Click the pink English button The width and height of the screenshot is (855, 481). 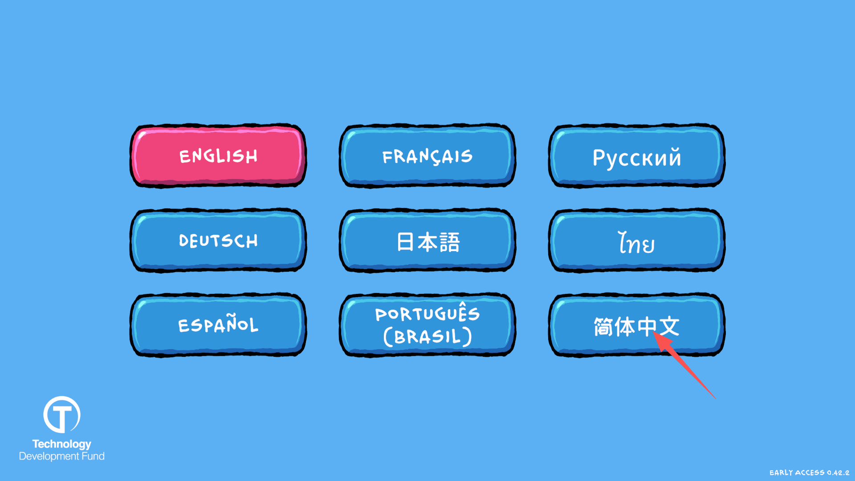click(218, 156)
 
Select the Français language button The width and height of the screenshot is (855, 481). click(427, 156)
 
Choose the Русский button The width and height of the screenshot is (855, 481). click(637, 156)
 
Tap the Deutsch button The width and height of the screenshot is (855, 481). click(218, 240)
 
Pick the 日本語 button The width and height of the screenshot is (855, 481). click(427, 240)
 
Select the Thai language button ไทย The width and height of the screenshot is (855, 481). click(637, 240)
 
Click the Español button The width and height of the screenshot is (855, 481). click(218, 325)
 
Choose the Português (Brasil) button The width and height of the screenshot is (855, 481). click(427, 325)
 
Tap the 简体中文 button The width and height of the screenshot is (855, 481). click(637, 325)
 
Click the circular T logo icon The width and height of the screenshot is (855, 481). click(62, 415)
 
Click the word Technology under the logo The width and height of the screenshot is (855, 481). click(62, 444)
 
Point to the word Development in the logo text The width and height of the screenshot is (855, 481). click(49, 457)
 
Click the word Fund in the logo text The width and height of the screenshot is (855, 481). click(93, 456)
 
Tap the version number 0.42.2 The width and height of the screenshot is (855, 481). click(838, 473)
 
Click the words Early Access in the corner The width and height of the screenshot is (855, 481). click(797, 473)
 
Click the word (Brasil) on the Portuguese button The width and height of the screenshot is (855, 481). click(427, 337)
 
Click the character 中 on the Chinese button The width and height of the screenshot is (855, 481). click(647, 327)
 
